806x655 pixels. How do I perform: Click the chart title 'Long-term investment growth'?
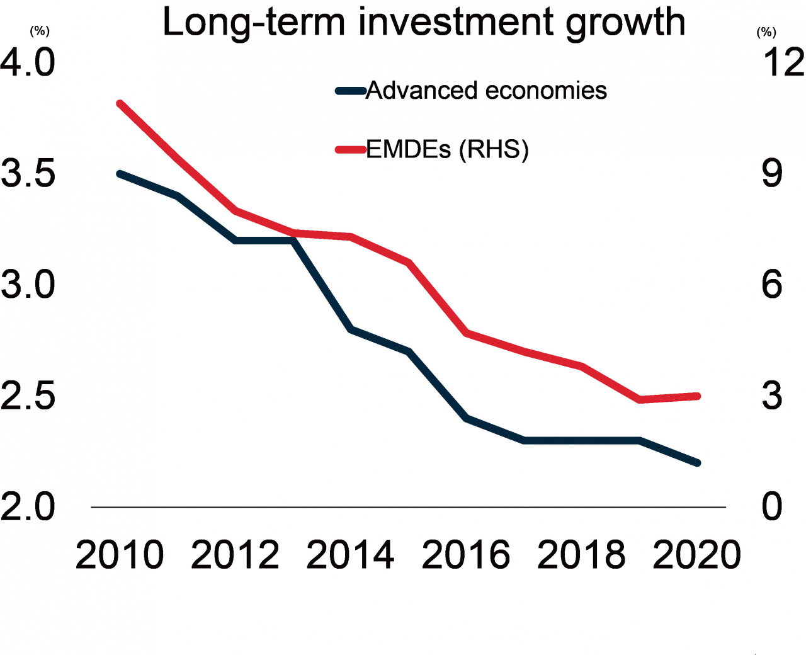(x=423, y=22)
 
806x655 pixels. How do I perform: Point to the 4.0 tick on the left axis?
(x=28, y=62)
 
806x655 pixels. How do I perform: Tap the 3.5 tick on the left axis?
(x=28, y=173)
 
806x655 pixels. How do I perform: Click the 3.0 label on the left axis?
(x=28, y=285)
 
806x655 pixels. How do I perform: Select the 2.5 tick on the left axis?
(x=28, y=396)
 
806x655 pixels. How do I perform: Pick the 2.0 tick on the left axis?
(x=28, y=507)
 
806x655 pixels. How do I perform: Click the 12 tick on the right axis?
(x=783, y=62)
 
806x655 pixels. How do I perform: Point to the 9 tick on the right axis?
(x=772, y=173)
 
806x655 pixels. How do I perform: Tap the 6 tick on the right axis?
(x=772, y=285)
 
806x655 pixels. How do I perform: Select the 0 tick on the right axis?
(x=772, y=507)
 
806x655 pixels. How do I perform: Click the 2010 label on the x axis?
(x=120, y=555)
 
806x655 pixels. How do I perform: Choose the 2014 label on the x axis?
(x=350, y=555)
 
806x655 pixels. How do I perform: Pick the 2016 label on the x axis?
(x=466, y=555)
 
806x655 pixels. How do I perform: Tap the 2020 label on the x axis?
(x=696, y=555)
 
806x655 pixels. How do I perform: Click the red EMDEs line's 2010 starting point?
(x=120, y=103)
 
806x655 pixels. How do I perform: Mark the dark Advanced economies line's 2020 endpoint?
(x=697, y=463)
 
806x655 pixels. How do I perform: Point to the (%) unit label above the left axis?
(x=40, y=31)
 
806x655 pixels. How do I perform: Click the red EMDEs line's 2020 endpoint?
(x=697, y=396)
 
